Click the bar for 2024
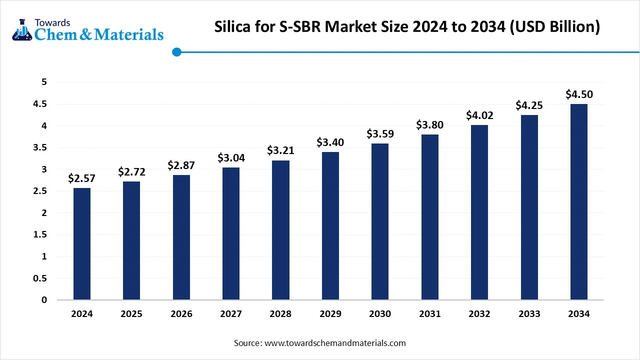coord(82,244)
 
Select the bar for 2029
coord(330,226)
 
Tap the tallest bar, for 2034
coord(579,202)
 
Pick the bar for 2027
coord(231,233)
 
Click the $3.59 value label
coord(380,134)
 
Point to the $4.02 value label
coord(479,115)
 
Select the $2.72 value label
coord(131,172)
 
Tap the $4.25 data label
coord(529,105)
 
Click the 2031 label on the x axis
coord(430,314)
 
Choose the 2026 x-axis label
coord(181,314)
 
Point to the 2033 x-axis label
coord(529,314)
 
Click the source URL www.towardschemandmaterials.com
coord(334,343)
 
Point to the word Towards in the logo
coord(52,22)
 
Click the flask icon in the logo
coord(21,30)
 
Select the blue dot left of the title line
coord(176,52)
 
